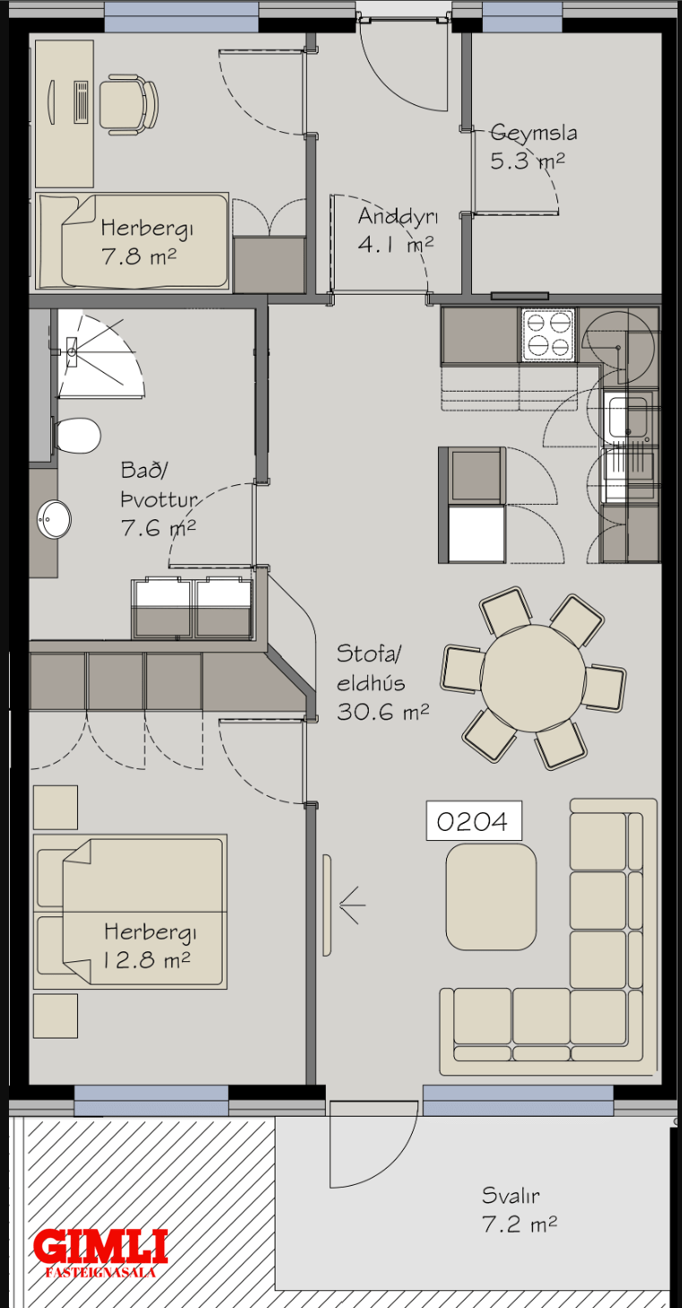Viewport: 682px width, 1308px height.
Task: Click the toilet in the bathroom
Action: point(77,435)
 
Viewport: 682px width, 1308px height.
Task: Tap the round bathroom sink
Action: point(54,519)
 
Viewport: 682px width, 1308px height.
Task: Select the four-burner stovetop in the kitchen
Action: point(547,334)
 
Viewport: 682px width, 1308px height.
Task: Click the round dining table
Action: point(533,678)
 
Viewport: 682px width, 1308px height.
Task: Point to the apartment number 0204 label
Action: point(474,821)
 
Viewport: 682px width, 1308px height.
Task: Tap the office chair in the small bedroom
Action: point(128,104)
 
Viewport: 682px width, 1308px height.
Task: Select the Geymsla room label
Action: point(533,133)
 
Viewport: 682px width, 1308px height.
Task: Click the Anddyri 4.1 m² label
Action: point(398,230)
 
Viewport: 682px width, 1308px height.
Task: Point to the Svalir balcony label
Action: point(511,1196)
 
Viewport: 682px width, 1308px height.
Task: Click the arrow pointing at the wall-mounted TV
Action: point(352,906)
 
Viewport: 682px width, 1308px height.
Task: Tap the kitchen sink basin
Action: point(627,417)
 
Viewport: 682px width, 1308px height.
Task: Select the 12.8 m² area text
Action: point(147,960)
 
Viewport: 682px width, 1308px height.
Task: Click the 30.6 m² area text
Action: point(382,711)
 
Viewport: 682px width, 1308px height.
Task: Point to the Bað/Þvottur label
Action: point(159,485)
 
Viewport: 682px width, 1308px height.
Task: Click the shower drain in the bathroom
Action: point(72,351)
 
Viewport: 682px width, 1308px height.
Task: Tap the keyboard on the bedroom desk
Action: point(81,102)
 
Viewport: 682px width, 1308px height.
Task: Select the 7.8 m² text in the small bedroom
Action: point(139,256)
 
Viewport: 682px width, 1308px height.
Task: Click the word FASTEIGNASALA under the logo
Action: point(101,1272)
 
